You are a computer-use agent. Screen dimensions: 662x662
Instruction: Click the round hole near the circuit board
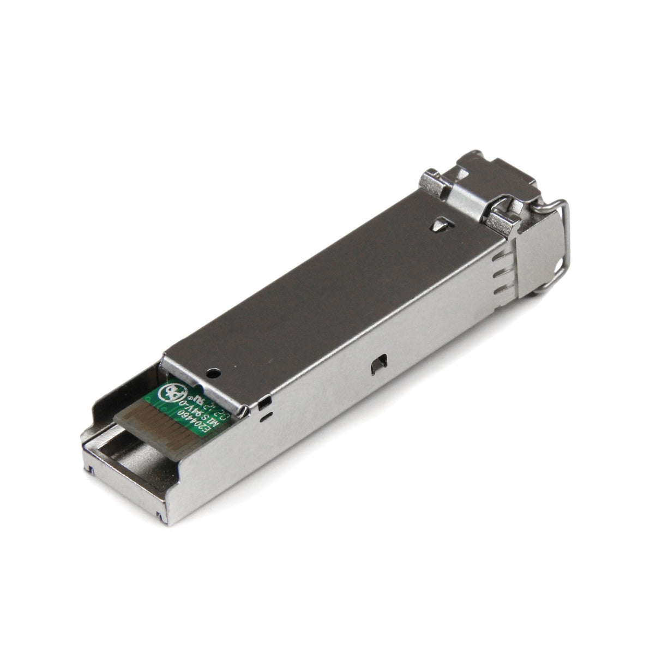[x=213, y=372]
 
